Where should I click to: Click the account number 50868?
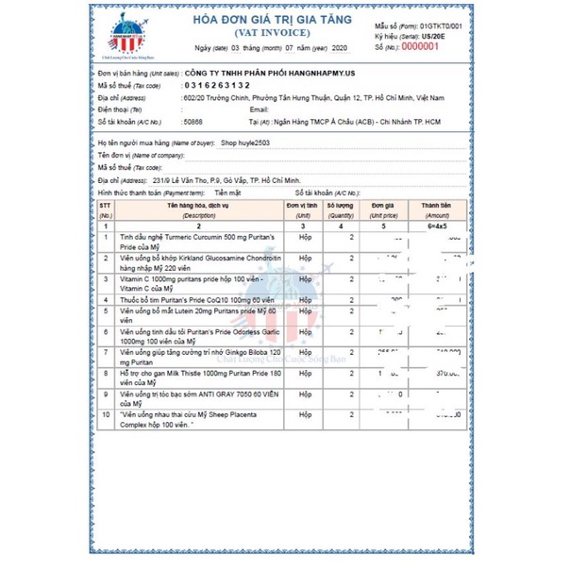click(x=193, y=121)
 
